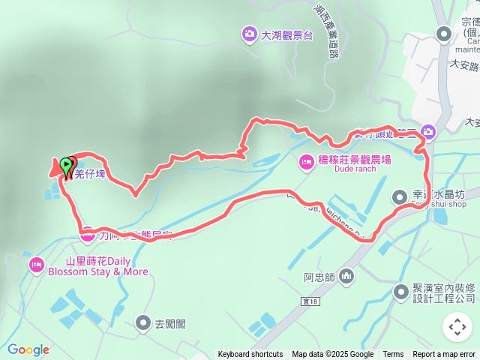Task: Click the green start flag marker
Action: [67, 164]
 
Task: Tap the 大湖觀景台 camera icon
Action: [248, 33]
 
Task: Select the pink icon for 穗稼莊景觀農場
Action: [306, 160]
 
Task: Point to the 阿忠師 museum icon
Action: [346, 277]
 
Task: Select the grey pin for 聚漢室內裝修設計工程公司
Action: [400, 291]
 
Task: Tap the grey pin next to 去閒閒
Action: [142, 323]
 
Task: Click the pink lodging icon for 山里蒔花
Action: [36, 265]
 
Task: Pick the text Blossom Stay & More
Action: [98, 271]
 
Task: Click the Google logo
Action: [28, 349]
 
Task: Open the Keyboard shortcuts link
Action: [250, 355]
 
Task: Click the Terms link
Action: [393, 355]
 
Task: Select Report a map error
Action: [444, 355]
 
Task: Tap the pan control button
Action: [457, 327]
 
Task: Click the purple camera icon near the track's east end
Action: [427, 130]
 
